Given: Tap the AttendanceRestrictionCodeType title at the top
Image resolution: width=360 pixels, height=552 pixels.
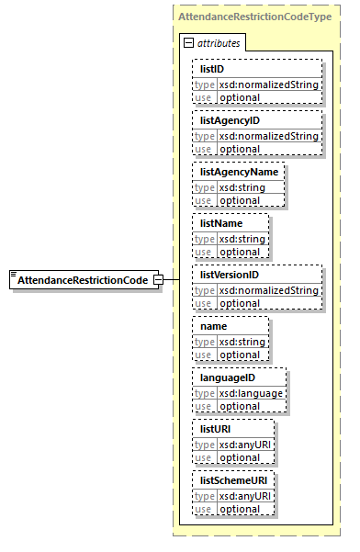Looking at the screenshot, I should [x=254, y=17].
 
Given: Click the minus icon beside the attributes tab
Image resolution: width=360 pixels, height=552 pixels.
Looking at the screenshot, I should [x=189, y=43].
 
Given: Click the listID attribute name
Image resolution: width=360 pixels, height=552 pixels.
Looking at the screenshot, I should [x=213, y=69].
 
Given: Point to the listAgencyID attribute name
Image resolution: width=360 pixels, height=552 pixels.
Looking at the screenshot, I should [x=231, y=120].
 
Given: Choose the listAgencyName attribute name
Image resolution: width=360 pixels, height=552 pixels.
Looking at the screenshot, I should [x=238, y=172].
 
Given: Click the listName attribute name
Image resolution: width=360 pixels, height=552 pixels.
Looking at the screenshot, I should [x=220, y=223].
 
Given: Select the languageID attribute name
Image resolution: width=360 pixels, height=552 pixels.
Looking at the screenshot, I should [x=229, y=377].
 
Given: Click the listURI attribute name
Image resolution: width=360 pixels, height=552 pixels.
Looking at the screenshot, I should [x=218, y=429].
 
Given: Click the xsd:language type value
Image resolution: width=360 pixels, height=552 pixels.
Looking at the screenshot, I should [x=251, y=393].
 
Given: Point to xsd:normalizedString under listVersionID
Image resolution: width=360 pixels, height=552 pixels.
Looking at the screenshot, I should [x=268, y=290].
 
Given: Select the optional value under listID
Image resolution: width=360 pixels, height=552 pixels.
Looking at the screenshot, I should [x=239, y=97].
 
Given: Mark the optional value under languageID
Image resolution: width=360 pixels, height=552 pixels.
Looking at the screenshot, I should [x=239, y=406].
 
